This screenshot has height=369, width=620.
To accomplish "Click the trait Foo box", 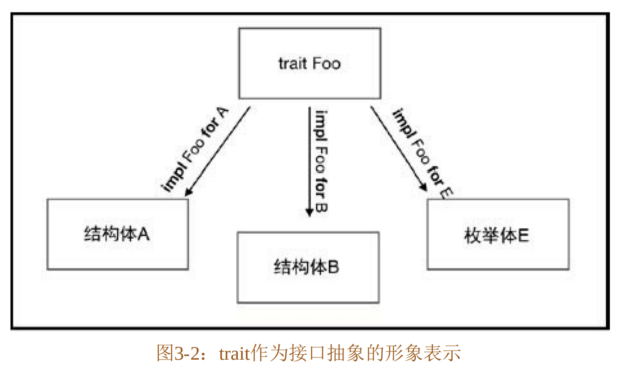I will (x=310, y=63).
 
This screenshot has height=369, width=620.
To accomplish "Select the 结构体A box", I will (x=117, y=234).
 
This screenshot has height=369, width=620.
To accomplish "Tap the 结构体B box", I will (x=308, y=267).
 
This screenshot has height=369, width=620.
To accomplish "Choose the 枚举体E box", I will (x=498, y=234).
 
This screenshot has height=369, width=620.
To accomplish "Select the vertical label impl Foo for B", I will (x=321, y=160).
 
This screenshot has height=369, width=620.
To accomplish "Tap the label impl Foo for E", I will (x=422, y=152).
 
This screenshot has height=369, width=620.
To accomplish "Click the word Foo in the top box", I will (x=326, y=63).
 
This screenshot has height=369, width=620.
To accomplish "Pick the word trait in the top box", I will (x=292, y=63).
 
